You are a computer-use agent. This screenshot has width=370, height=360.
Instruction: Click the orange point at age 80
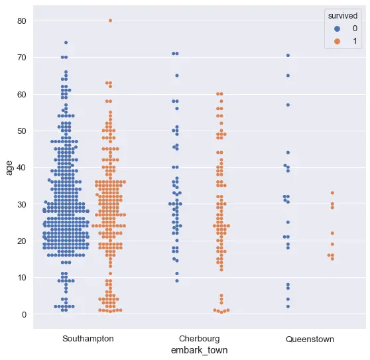tap(110, 21)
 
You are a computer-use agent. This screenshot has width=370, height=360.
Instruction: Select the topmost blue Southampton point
tap(66, 42)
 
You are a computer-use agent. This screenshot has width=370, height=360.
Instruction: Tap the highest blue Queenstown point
tap(288, 55)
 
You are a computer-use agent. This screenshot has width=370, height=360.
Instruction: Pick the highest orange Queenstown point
tap(332, 193)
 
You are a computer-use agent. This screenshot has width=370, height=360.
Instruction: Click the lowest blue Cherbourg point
tap(176, 280)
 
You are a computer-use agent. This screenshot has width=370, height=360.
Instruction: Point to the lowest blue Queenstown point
tap(288, 307)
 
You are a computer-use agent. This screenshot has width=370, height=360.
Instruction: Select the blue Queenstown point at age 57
tap(288, 105)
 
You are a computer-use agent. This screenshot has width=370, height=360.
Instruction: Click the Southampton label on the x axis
tap(88, 339)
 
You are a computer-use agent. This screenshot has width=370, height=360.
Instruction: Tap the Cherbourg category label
tap(199, 339)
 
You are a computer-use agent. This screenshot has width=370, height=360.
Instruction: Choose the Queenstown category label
tap(310, 339)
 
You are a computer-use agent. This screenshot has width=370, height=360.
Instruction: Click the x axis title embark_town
tap(199, 350)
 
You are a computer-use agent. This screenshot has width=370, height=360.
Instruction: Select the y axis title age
tap(9, 167)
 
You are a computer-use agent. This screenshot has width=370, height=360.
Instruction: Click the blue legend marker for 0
tap(337, 29)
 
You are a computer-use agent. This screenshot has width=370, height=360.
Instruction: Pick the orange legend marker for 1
tap(337, 41)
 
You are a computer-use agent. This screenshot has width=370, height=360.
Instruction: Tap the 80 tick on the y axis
tap(21, 21)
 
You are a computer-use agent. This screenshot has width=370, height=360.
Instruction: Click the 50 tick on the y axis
tap(21, 131)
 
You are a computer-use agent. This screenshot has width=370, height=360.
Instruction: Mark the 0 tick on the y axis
tap(23, 314)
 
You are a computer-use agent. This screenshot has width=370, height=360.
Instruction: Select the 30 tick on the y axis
tap(21, 204)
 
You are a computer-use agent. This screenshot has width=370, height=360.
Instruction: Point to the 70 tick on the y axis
tap(21, 58)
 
